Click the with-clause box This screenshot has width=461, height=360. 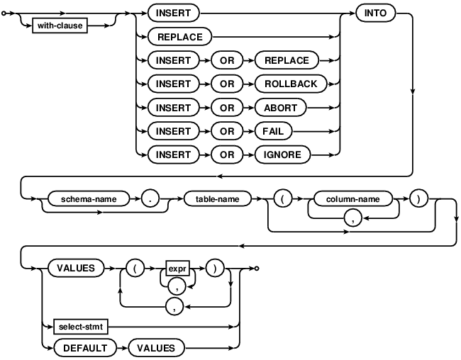[x=60, y=26]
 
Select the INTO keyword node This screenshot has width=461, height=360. [x=375, y=13]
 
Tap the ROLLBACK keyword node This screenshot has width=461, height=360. [x=291, y=84]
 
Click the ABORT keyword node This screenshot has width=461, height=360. [x=280, y=108]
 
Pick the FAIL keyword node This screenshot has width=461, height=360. [x=274, y=131]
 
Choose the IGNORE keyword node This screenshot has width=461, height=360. [x=282, y=155]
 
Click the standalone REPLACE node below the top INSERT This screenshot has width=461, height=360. [x=180, y=37]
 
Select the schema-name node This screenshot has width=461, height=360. [x=89, y=199]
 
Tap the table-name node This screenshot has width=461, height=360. [x=218, y=199]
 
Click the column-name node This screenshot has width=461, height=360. [x=352, y=199]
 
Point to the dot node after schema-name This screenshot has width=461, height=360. [x=150, y=199]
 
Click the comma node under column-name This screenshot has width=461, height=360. [x=352, y=218]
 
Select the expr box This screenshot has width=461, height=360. [x=177, y=269]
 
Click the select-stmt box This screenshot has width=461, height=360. [x=81, y=327]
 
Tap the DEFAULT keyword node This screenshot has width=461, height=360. [x=85, y=348]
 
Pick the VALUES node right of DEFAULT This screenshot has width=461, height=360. [x=156, y=348]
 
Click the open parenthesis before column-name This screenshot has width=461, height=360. [x=282, y=199]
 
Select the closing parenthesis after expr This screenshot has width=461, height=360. [x=215, y=269]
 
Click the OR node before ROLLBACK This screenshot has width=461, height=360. [x=227, y=84]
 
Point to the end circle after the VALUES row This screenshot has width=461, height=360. [x=257, y=269]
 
